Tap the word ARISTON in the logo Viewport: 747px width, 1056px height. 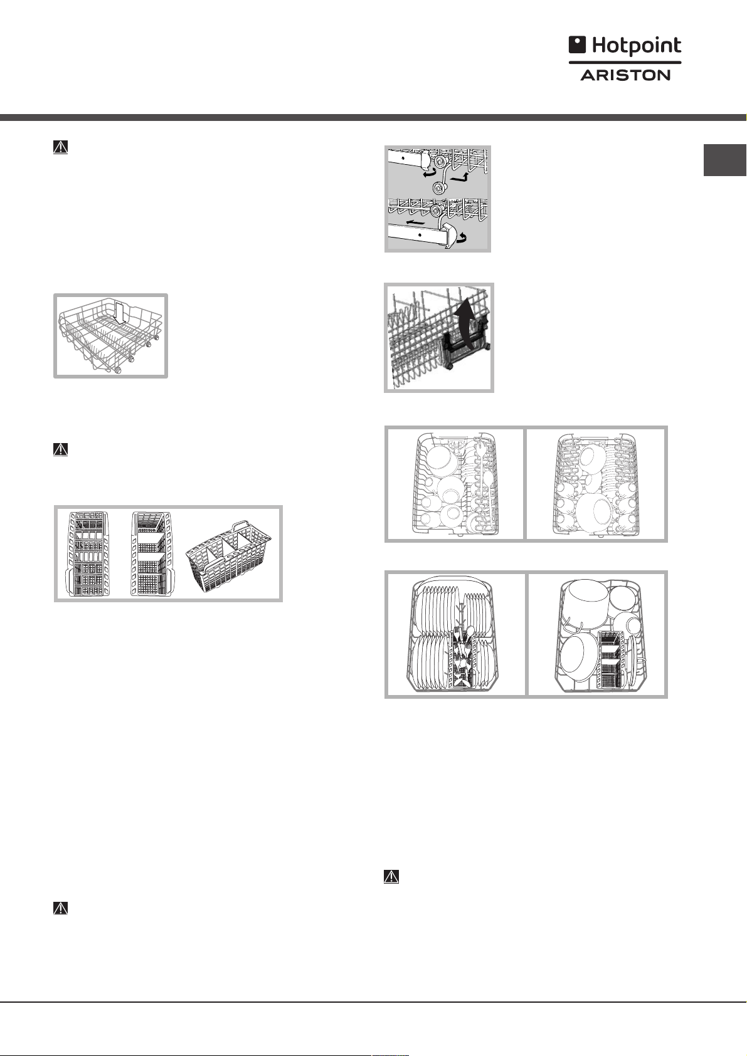coord(625,75)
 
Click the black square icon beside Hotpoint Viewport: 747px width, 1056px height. coord(577,44)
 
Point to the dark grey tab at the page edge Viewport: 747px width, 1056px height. coord(724,160)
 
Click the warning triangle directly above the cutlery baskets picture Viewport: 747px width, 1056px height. coord(60,449)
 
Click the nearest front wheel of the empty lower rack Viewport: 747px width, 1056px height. coord(117,371)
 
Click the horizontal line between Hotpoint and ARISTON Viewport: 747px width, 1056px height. coord(625,62)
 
